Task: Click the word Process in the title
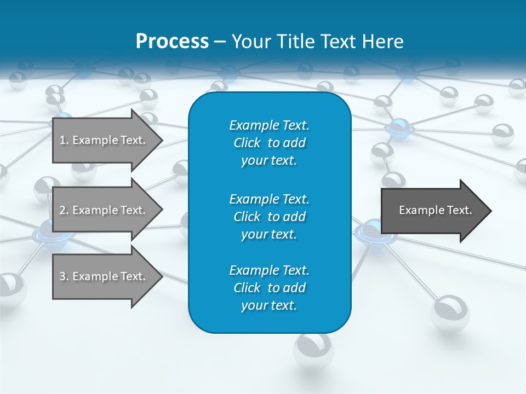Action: pos(172,42)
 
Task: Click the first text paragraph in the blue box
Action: pos(269,143)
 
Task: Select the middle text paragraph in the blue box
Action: pos(269,216)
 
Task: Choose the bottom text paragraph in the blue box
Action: pos(269,288)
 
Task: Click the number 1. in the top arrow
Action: pos(64,140)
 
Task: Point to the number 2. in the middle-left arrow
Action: pos(64,210)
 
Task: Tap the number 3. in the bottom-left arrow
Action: pos(64,276)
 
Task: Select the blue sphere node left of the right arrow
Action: pos(370,230)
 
